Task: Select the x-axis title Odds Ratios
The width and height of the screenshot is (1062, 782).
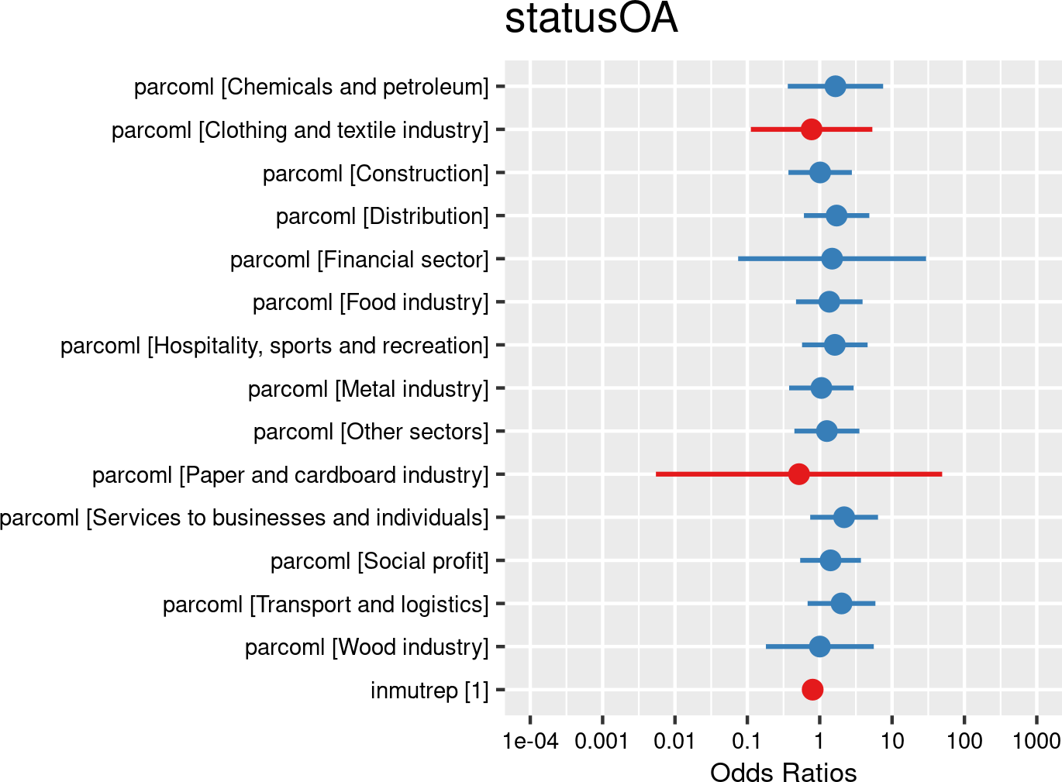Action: pos(783,773)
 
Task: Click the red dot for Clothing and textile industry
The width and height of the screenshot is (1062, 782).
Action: pos(811,129)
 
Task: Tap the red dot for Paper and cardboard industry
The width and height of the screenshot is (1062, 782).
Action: pos(798,474)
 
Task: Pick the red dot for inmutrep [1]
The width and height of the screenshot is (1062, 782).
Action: pos(812,689)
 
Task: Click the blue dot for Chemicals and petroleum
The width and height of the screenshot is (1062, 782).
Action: pos(835,86)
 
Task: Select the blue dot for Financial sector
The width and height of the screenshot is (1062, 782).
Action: pos(832,258)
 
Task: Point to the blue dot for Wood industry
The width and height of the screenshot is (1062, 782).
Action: pos(819,646)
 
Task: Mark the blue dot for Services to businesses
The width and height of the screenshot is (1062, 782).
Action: pos(844,517)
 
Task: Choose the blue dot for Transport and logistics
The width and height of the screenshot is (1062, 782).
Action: pos(841,603)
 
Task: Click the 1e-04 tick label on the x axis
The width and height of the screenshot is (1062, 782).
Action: pos(530,741)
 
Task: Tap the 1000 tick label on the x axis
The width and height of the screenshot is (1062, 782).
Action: pos(1036,741)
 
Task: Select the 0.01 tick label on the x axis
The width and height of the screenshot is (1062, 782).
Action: pos(674,741)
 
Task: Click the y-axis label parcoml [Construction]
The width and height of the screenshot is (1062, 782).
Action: pos(376,173)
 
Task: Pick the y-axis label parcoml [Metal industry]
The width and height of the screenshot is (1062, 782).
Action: pos(368,388)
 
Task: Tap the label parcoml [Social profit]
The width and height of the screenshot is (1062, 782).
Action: pos(380,560)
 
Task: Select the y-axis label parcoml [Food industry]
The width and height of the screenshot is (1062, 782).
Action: pos(371,302)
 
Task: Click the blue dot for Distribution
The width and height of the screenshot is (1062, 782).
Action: pos(836,215)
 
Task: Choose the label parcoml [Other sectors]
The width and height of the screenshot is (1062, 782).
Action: pos(371,431)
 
